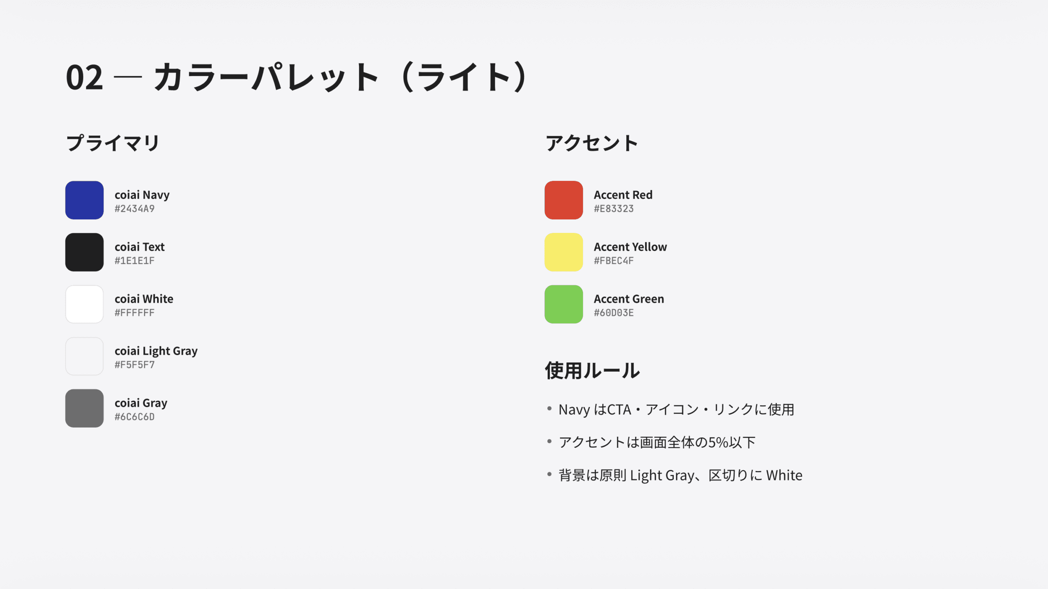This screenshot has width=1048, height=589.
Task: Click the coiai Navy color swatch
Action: [84, 200]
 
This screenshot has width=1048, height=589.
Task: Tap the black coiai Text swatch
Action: [84, 252]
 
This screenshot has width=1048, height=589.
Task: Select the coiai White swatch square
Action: [84, 304]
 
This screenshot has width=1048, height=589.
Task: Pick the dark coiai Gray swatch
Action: [84, 408]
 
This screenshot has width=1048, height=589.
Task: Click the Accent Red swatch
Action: [563, 200]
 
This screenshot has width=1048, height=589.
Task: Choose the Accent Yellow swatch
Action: [563, 252]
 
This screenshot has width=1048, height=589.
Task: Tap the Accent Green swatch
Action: [563, 304]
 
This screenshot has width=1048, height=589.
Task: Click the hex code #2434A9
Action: [134, 209]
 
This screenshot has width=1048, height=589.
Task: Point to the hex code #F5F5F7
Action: [134, 365]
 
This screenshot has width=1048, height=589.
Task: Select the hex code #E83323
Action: [614, 209]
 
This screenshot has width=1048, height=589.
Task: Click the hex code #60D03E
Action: [614, 313]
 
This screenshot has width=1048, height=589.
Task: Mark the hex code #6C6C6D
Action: [134, 417]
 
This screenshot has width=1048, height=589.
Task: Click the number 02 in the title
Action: [84, 77]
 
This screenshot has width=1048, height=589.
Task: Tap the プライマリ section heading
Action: [113, 143]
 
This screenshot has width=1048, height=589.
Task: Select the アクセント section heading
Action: [592, 143]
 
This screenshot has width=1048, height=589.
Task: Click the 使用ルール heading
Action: [592, 370]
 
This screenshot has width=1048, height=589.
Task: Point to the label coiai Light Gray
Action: [156, 351]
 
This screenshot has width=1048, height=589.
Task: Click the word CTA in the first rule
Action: [619, 410]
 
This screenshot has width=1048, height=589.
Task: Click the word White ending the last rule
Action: [784, 475]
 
